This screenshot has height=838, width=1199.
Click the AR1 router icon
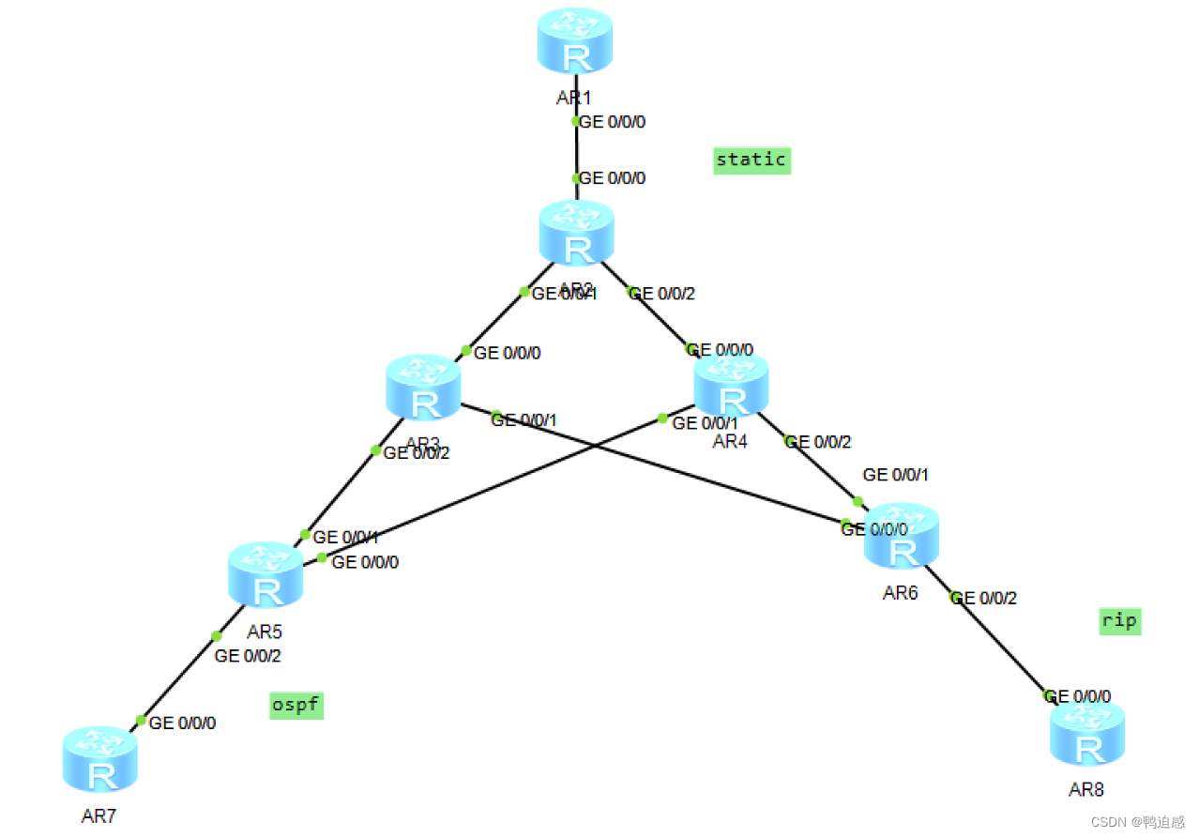tap(575, 41)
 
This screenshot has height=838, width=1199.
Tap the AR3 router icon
tap(423, 388)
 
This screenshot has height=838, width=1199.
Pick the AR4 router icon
tap(731, 386)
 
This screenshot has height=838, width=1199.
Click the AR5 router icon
tap(266, 575)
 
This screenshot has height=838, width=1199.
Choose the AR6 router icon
tap(901, 536)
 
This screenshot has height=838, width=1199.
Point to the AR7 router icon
tap(100, 760)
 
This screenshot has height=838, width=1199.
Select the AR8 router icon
tap(1086, 734)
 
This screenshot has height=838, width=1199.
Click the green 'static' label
tap(751, 160)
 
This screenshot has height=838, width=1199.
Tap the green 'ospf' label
tap(296, 705)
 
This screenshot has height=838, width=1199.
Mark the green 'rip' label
tap(1120, 621)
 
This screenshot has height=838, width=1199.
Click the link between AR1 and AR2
tap(576, 150)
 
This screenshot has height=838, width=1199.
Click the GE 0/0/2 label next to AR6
tap(985, 598)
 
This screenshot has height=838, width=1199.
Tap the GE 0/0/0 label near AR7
tap(183, 724)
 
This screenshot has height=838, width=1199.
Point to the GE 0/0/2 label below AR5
tap(248, 656)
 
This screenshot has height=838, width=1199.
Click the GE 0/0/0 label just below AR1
tap(613, 122)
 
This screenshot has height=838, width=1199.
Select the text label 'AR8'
tap(1086, 789)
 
